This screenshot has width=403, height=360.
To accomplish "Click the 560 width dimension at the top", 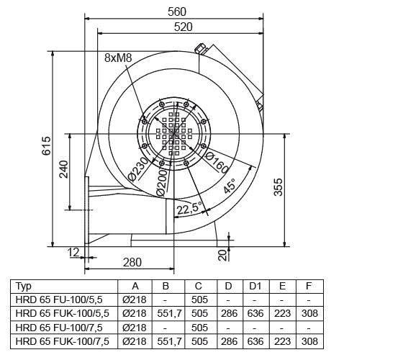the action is tap(177, 12).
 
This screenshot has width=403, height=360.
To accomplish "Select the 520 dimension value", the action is tap(183, 27).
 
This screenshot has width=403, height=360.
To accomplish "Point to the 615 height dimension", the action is tap(47, 145).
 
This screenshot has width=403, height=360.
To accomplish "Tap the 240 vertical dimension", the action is tap(64, 169).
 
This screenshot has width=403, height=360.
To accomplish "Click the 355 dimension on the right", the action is tap(279, 187).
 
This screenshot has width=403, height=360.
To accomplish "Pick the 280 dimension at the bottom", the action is tap(132, 263).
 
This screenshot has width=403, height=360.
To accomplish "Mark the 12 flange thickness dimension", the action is tap(73, 253).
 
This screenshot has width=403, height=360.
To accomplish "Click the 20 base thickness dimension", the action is tap(223, 255).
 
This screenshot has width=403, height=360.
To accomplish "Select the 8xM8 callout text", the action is tap(118, 58).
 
